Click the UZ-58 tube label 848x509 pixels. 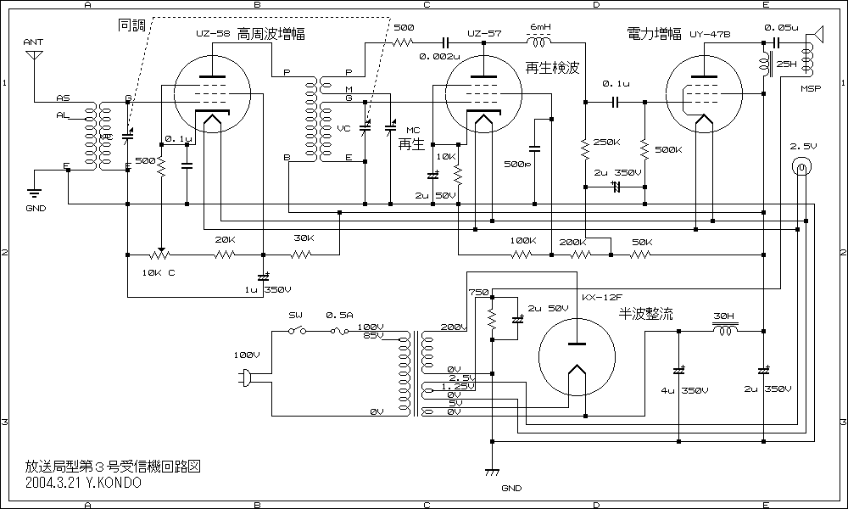(212, 33)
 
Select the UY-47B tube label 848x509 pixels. (711, 33)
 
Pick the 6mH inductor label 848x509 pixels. (540, 27)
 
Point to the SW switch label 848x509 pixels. (295, 315)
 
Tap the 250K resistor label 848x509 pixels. (607, 142)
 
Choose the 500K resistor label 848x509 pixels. (668, 149)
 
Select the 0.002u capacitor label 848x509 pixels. (439, 58)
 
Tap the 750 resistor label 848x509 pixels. (478, 292)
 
